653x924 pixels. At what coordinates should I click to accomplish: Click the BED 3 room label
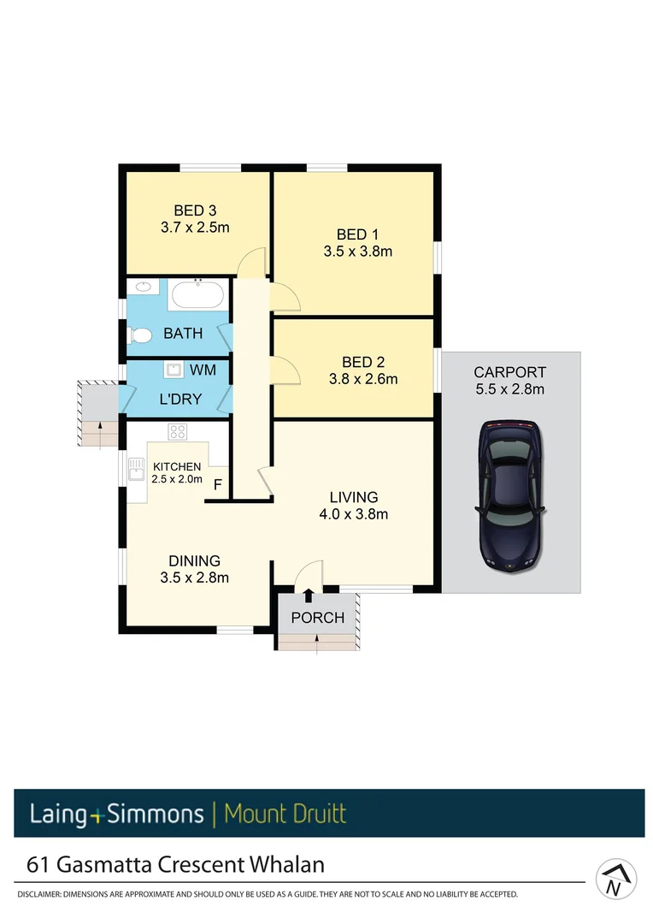tap(189, 210)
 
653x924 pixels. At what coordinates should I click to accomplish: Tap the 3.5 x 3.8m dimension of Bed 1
tap(357, 252)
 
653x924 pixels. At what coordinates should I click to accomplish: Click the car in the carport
tap(510, 495)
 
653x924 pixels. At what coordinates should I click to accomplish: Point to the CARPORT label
tap(509, 372)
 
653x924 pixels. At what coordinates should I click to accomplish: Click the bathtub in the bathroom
tap(198, 296)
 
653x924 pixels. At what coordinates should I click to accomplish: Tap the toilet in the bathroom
tap(140, 336)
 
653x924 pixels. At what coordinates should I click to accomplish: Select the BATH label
tap(183, 334)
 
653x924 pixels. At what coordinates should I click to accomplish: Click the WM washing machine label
tap(203, 370)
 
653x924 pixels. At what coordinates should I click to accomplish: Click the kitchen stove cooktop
tap(178, 431)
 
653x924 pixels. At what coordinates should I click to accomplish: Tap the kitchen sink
tap(136, 469)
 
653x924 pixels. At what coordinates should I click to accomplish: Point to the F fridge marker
tap(218, 486)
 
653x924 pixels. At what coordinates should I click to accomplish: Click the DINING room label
tap(194, 561)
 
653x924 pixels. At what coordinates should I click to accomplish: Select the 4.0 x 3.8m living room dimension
tap(354, 514)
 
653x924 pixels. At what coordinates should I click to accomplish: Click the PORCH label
tap(317, 618)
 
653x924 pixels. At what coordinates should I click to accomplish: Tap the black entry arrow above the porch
tap(308, 595)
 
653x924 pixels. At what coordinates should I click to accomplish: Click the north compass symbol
tap(616, 880)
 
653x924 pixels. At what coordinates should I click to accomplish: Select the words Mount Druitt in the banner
tap(285, 813)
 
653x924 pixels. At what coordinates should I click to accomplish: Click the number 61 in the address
tap(38, 864)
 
